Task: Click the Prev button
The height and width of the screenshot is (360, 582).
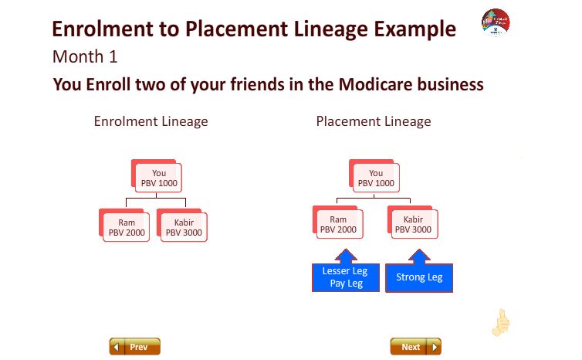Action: (x=135, y=346)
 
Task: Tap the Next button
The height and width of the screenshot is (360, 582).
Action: (x=416, y=346)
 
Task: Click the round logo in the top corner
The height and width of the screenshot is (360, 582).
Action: (x=496, y=22)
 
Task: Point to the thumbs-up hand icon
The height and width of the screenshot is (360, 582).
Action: (x=501, y=322)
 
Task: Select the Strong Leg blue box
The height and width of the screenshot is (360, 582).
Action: (x=419, y=277)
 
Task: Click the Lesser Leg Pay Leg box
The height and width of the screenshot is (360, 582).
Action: (x=346, y=277)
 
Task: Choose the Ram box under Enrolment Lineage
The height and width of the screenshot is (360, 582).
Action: (x=124, y=225)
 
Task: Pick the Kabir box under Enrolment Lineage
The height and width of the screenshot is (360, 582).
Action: (x=182, y=225)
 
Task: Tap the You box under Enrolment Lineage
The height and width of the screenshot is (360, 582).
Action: (x=157, y=175)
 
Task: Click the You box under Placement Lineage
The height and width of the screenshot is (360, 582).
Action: (x=374, y=175)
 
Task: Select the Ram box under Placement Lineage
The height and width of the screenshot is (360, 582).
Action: (x=338, y=222)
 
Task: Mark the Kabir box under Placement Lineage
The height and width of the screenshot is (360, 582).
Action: (x=413, y=222)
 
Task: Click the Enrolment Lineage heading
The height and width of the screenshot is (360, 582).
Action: (x=151, y=121)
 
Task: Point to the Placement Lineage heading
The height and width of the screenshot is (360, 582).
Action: (x=374, y=121)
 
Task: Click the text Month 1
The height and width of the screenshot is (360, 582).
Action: (x=85, y=57)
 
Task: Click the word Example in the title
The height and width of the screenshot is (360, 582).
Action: (x=415, y=29)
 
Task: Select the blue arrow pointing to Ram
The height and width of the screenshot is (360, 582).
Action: (x=346, y=256)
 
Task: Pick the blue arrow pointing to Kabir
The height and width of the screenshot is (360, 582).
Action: (x=419, y=256)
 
